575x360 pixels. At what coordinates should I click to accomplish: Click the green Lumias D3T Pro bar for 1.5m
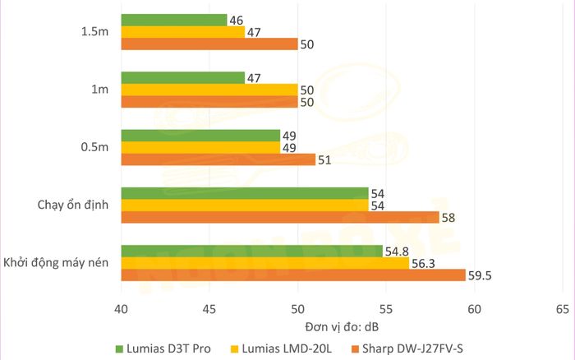(173, 20)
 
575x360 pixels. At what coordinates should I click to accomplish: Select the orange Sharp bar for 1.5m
(209, 44)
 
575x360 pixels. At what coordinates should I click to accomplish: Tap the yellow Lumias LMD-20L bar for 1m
(209, 90)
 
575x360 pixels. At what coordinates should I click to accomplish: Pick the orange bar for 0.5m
(218, 159)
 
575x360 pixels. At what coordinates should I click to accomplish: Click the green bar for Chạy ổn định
(244, 193)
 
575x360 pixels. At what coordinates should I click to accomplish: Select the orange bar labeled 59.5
(292, 275)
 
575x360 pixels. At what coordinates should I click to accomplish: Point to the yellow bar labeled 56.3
(264, 263)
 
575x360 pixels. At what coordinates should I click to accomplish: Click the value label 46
(237, 20)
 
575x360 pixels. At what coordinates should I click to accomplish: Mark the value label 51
(324, 159)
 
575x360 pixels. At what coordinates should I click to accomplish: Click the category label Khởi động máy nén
(57, 263)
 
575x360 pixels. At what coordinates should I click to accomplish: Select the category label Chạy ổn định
(74, 205)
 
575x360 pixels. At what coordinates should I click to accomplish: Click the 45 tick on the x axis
(209, 309)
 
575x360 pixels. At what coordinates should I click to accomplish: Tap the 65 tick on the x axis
(562, 309)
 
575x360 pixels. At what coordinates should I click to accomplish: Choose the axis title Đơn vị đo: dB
(342, 326)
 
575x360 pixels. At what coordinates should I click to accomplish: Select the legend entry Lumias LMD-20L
(289, 348)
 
